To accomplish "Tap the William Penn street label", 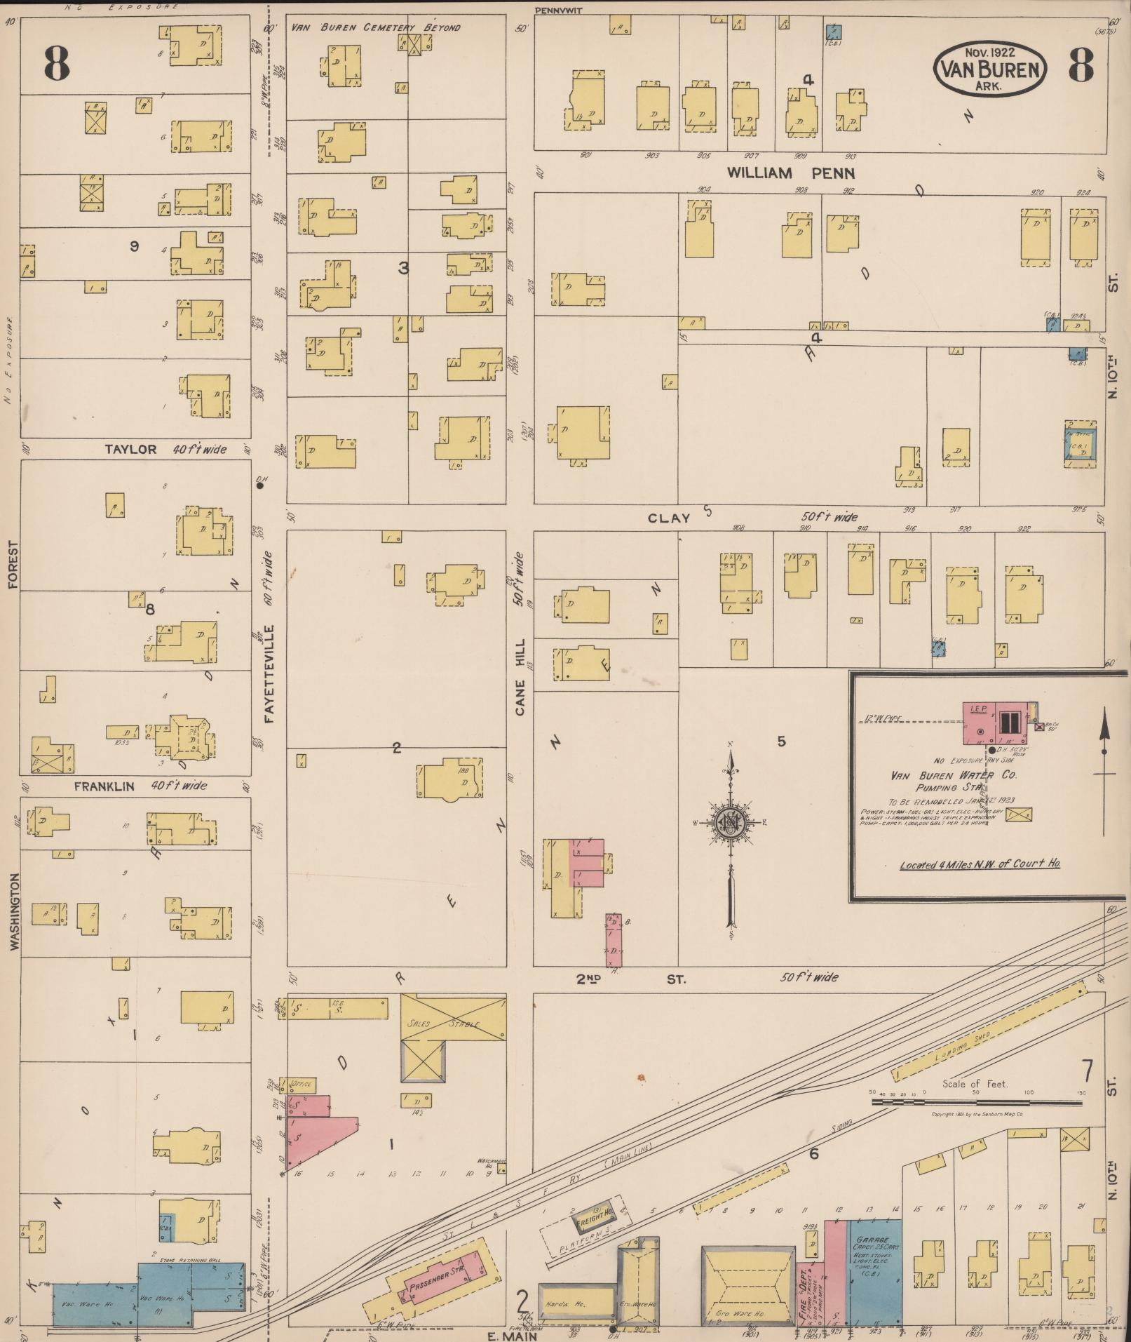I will pyautogui.click(x=790, y=173).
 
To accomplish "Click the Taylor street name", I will pyautogui.click(x=130, y=449).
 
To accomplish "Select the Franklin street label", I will pyautogui.click(x=104, y=786).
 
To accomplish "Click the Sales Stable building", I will pyautogui.click(x=453, y=1023).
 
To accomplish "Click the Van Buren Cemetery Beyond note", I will pyautogui.click(x=376, y=27).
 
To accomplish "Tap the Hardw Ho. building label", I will pyautogui.click(x=568, y=1303).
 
